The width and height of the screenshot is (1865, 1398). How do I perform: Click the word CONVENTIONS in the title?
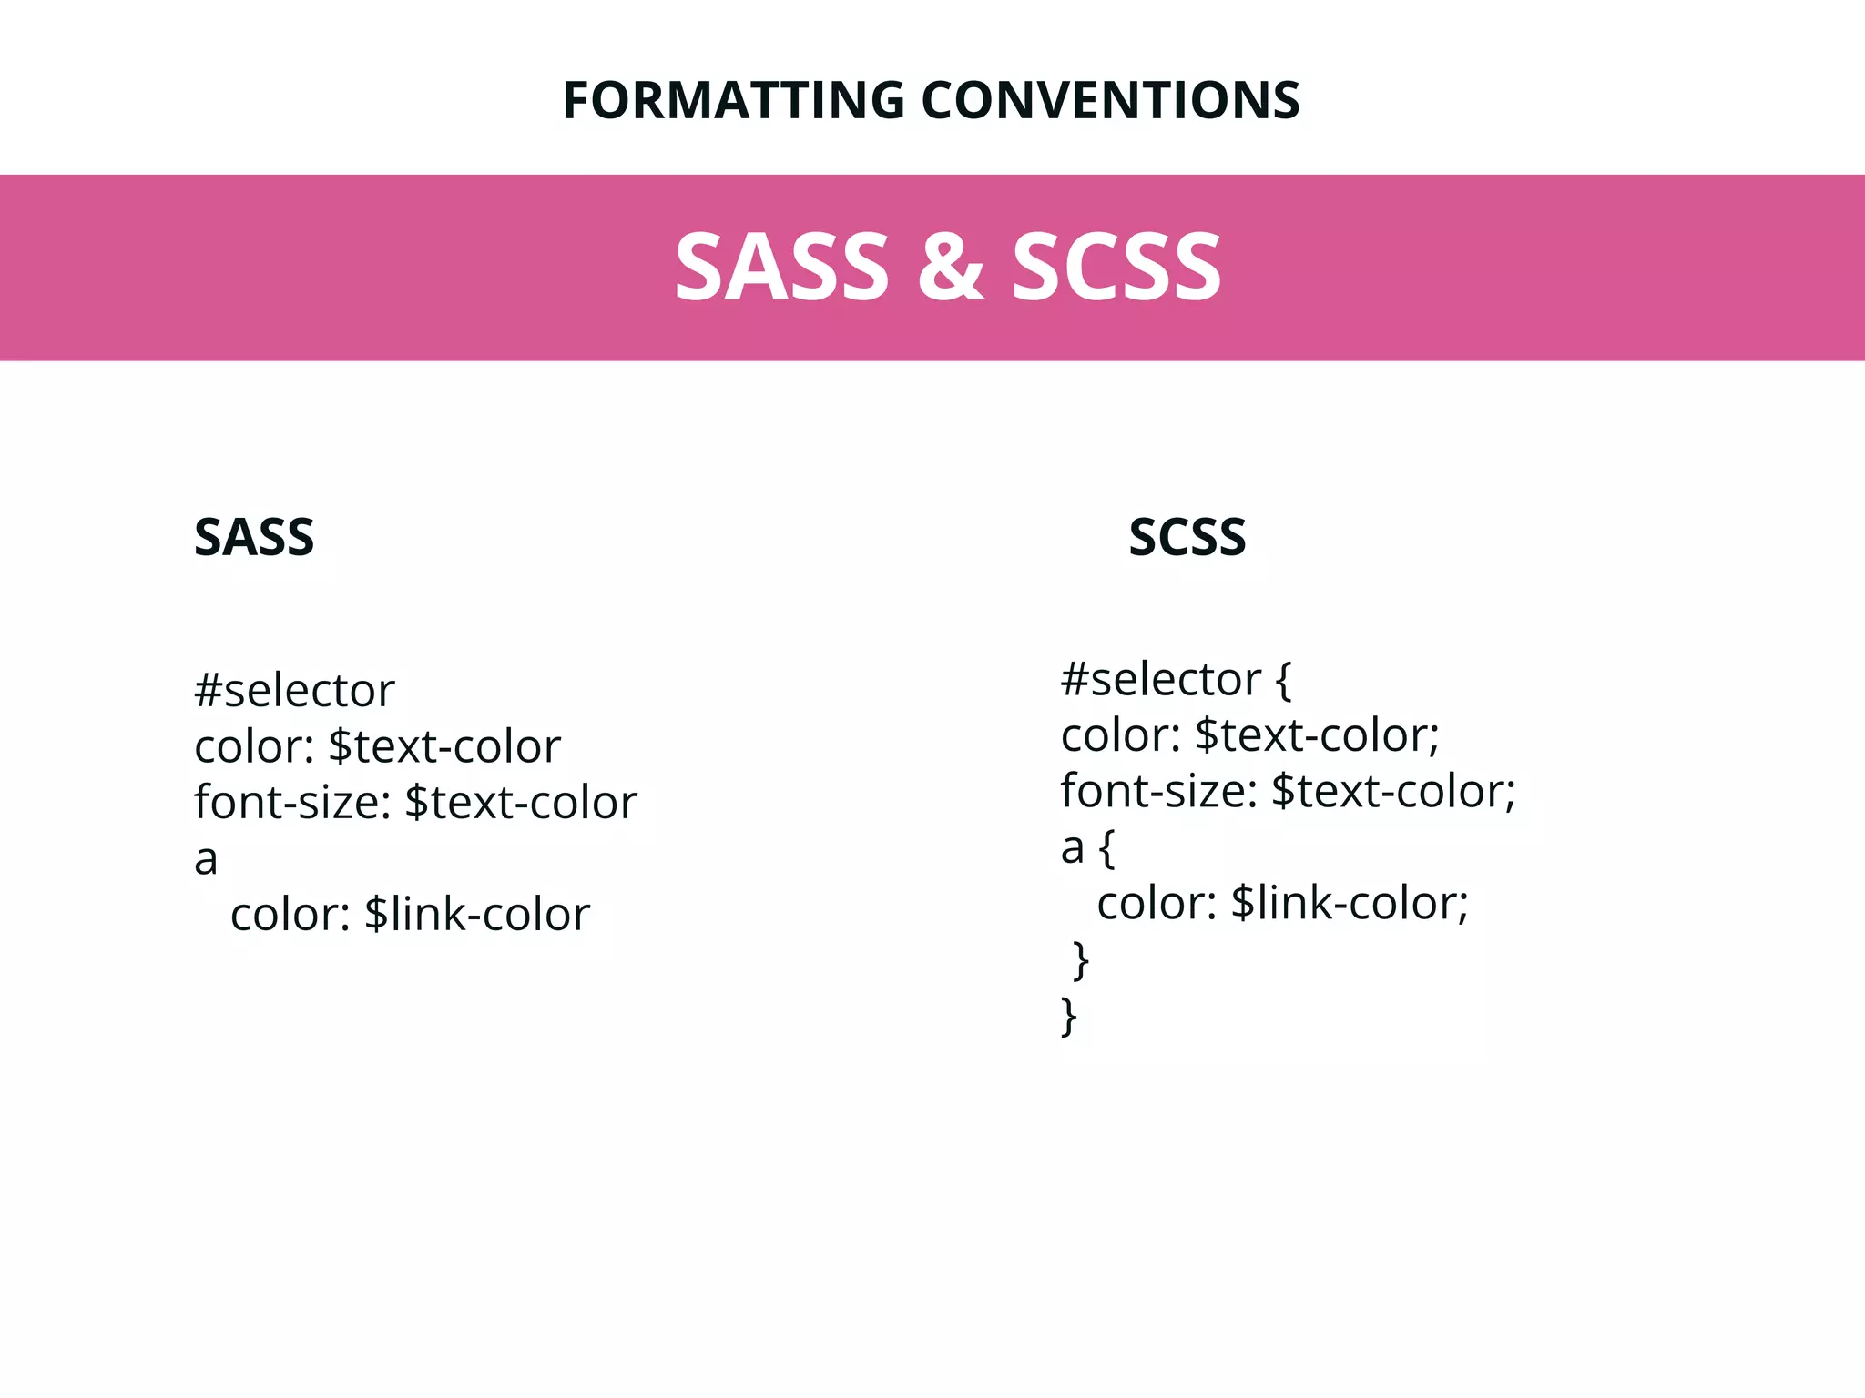(1110, 100)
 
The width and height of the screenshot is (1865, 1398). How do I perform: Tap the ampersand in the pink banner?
(951, 267)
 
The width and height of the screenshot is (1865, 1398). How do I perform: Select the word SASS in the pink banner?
(781, 267)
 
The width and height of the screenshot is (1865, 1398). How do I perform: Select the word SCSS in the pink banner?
(1116, 267)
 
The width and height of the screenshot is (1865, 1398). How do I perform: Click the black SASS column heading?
(254, 537)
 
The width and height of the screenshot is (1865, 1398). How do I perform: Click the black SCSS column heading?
(1187, 537)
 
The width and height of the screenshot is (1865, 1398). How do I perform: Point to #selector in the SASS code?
(294, 691)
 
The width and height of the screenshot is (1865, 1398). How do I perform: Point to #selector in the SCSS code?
(1161, 680)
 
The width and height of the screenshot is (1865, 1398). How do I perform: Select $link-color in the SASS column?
(477, 915)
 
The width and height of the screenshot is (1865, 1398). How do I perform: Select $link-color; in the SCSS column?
(1350, 904)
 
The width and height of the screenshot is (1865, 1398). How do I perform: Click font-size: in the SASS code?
(292, 803)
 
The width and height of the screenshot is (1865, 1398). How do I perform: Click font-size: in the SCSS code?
(1158, 792)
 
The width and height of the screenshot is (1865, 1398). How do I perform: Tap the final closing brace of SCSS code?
(1069, 1017)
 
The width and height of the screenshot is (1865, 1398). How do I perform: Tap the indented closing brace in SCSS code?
(1081, 961)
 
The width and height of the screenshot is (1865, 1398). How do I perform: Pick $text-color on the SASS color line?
(444, 747)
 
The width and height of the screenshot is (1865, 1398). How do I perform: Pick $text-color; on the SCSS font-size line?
(1393, 792)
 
